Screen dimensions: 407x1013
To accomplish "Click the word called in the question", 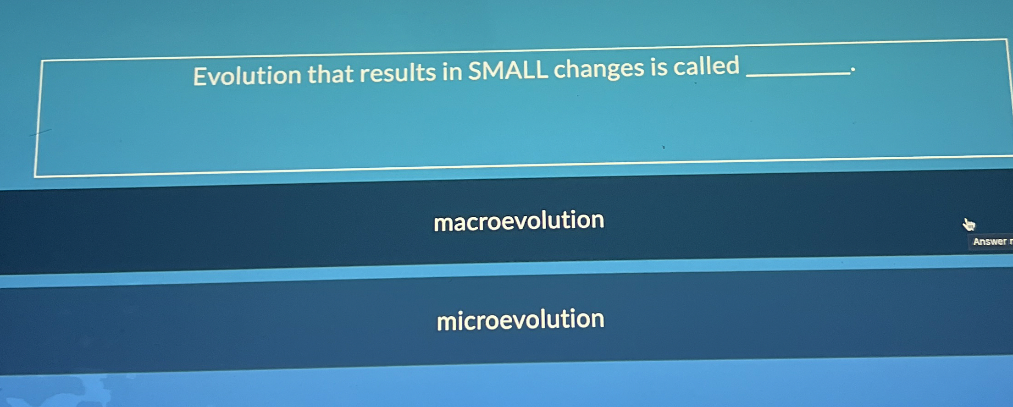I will pos(706,66).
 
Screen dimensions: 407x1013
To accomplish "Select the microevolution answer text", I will pos(520,319).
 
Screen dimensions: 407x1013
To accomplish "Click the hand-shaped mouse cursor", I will pos(968,225).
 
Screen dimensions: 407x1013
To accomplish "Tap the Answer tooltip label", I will pos(991,242).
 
